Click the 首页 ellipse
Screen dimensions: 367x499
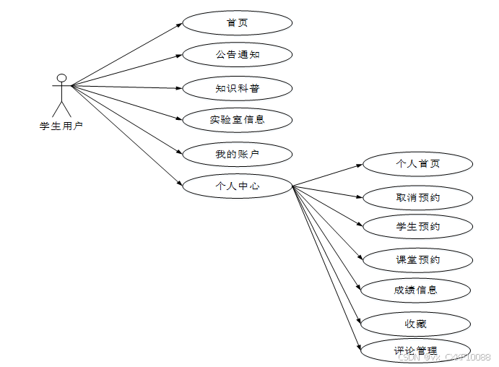tap(237, 22)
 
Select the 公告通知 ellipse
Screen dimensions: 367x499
tap(237, 55)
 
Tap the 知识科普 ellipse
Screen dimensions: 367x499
tap(237, 89)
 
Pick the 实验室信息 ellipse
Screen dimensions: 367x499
tap(237, 119)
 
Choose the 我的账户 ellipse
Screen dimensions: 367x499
tap(237, 154)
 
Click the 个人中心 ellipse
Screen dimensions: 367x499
tap(237, 186)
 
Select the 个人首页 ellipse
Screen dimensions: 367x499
tap(417, 164)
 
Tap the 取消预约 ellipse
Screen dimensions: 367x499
tap(417, 197)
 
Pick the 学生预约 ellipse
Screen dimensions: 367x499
tap(417, 226)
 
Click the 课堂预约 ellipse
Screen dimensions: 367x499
tap(417, 259)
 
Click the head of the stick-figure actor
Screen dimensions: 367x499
tap(62, 78)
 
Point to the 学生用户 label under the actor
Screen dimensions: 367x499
tap(61, 126)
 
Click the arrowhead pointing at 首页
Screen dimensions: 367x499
tap(180, 24)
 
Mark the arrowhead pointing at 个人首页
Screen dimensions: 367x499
tap(360, 165)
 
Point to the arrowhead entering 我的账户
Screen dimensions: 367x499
tap(180, 152)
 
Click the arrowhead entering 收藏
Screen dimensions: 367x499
tap(360, 321)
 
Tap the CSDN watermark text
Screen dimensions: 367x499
tap(444, 357)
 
